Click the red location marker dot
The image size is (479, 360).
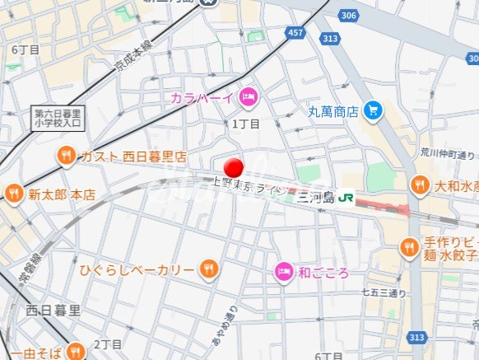pyautogui.click(x=235, y=166)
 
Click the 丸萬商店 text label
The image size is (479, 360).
pyautogui.click(x=333, y=110)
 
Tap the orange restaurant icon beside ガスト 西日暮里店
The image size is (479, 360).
pyautogui.click(x=66, y=156)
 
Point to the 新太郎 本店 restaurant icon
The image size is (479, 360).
pyautogui.click(x=13, y=194)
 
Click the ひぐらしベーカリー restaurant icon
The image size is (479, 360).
pyautogui.click(x=209, y=269)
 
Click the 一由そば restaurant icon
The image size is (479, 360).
pyautogui.click(x=75, y=352)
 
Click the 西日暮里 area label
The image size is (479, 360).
pyautogui.click(x=53, y=311)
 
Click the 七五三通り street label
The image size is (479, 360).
pyautogui.click(x=384, y=292)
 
